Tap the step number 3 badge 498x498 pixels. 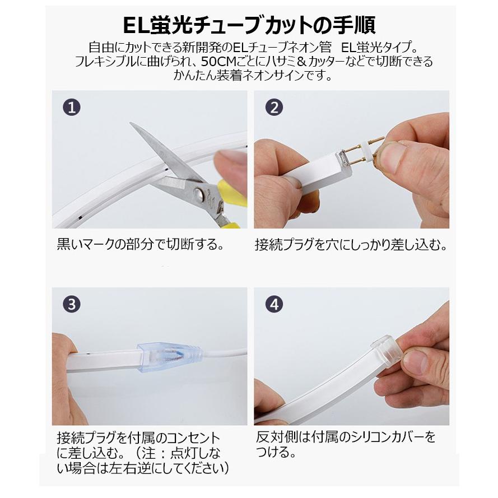tap(71, 305)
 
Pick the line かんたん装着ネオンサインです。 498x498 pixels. tap(249, 75)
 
